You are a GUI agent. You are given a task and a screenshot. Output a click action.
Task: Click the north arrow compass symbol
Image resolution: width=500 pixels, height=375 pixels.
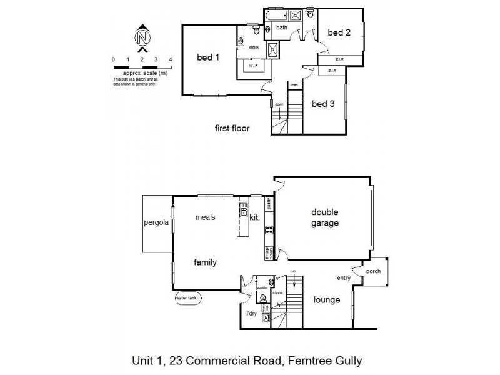[x=142, y=37]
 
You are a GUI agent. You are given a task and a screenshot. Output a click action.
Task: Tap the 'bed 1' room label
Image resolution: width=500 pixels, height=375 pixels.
[x=208, y=57]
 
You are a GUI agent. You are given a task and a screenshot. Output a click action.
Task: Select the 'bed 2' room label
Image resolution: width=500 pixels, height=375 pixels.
[x=339, y=32]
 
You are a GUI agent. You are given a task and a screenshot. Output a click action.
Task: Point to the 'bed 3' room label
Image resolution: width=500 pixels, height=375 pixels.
[x=323, y=104]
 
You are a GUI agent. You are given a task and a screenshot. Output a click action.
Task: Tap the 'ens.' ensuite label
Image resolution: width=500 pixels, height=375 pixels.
[x=254, y=47]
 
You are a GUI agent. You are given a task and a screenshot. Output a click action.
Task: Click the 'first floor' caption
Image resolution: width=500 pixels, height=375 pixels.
[x=232, y=129]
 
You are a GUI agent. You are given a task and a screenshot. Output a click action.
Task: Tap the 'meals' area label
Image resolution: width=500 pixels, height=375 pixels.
[x=204, y=217]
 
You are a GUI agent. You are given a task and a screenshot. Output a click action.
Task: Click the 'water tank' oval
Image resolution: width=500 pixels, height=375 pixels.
[x=189, y=299]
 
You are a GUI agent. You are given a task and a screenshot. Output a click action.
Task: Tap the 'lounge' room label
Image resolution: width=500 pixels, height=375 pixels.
[x=327, y=300]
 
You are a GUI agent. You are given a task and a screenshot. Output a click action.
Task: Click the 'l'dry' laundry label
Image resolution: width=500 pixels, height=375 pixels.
[x=251, y=313]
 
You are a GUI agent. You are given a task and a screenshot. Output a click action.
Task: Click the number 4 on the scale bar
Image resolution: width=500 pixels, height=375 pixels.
[x=171, y=59]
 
